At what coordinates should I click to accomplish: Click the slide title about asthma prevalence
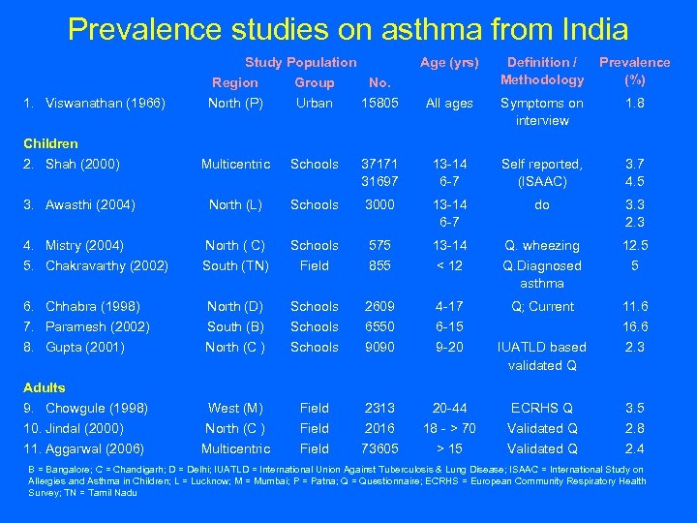pyautogui.click(x=348, y=29)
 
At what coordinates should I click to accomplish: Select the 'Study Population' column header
pyautogui.click(x=300, y=63)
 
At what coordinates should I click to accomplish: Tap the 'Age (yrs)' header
pyautogui.click(x=448, y=63)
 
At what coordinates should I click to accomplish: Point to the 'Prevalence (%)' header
pyautogui.click(x=635, y=71)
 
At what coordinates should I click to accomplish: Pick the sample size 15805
pyautogui.click(x=379, y=103)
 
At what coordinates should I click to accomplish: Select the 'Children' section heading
pyautogui.click(x=50, y=143)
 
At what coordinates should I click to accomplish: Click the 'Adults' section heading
pyautogui.click(x=45, y=387)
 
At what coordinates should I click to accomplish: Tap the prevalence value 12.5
pyautogui.click(x=635, y=245)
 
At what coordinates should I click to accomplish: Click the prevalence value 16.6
pyautogui.click(x=635, y=326)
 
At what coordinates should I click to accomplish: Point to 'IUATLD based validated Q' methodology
pyautogui.click(x=542, y=355)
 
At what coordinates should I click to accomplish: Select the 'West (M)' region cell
pyautogui.click(x=235, y=408)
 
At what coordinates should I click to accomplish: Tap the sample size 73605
pyautogui.click(x=379, y=448)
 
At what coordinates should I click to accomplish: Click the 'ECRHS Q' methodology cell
pyautogui.click(x=542, y=408)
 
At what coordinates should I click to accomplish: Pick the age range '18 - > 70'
pyautogui.click(x=448, y=428)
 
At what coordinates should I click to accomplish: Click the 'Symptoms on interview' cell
pyautogui.click(x=542, y=111)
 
